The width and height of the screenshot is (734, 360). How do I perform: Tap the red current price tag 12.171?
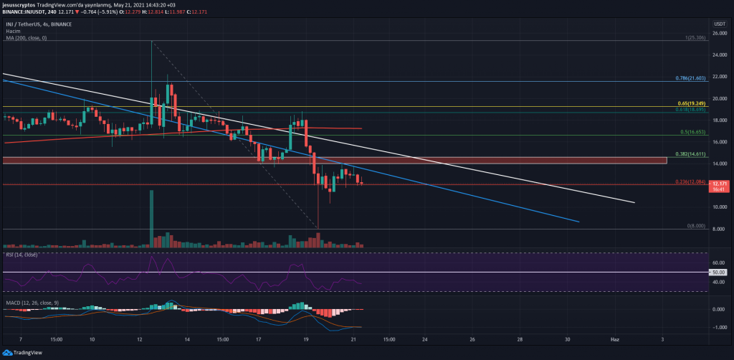(x=719, y=186)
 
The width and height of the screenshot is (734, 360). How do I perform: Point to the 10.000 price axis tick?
(x=719, y=207)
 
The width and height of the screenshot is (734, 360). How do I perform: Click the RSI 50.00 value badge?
(x=718, y=273)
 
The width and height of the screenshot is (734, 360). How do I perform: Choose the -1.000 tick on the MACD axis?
(x=719, y=327)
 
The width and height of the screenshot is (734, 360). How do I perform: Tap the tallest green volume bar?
(x=151, y=219)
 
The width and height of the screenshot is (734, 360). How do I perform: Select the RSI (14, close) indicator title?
(x=22, y=254)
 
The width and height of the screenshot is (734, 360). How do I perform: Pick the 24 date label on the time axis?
(x=425, y=338)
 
